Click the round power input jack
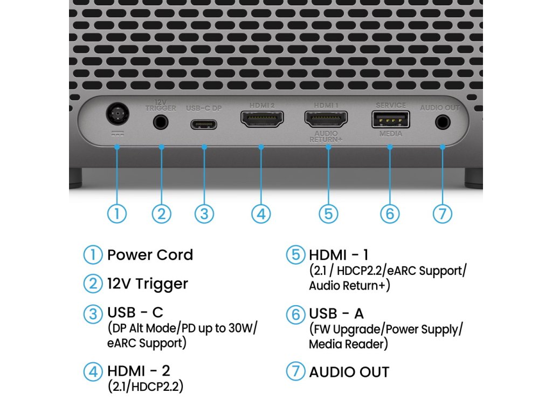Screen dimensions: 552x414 (x=116, y=115)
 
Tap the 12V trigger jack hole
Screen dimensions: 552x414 (x=161, y=122)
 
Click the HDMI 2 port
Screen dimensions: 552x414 (x=261, y=119)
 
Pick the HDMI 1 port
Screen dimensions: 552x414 (x=327, y=119)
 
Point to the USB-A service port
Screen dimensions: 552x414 (x=390, y=119)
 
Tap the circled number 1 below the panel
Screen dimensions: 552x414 (x=117, y=213)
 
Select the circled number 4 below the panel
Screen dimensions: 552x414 (x=261, y=213)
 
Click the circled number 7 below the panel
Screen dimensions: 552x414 (x=442, y=213)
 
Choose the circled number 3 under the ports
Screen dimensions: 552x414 (x=204, y=213)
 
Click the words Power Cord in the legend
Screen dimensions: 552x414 (x=150, y=254)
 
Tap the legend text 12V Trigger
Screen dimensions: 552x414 (x=148, y=284)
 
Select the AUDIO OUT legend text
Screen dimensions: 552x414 (x=349, y=372)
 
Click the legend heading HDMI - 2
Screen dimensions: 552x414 (x=139, y=371)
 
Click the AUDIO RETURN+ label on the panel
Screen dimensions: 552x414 (x=326, y=136)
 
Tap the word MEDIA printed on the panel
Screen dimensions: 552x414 (x=390, y=134)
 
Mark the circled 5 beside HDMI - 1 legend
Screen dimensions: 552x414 (x=295, y=254)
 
